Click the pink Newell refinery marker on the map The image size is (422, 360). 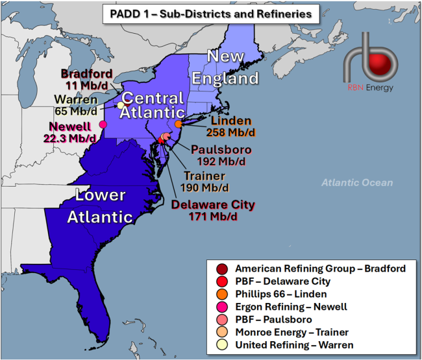103,125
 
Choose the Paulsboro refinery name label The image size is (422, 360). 220,150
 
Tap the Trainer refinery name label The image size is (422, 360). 203,176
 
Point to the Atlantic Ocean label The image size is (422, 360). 357,183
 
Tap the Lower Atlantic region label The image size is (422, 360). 99,206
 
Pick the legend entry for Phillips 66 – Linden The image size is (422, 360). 282,294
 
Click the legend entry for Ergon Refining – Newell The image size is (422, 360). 291,307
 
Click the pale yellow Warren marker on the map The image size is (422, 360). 121,105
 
